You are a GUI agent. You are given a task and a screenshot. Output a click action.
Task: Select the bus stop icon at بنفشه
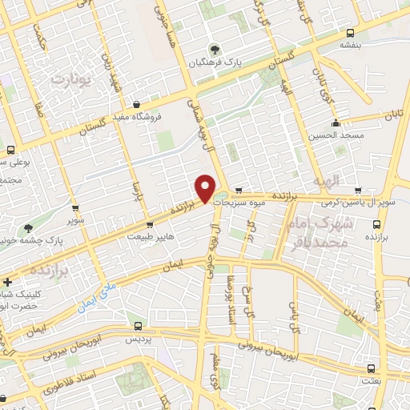(350, 33)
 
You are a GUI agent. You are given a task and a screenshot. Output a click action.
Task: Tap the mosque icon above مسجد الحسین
(336, 123)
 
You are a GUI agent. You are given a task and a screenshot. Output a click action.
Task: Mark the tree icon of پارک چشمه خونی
(28, 228)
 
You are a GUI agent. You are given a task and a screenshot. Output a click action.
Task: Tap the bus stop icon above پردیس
(139, 327)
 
